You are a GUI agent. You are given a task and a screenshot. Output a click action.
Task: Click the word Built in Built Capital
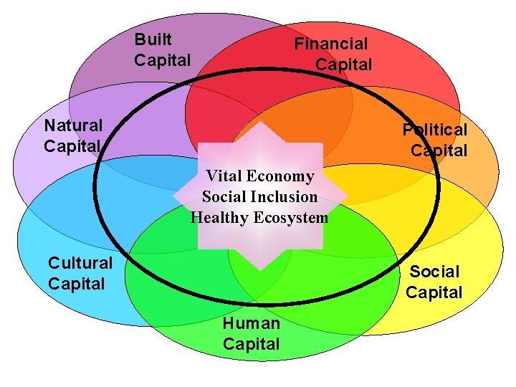[x=153, y=39]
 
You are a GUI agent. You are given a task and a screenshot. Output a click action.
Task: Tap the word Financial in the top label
[x=330, y=44]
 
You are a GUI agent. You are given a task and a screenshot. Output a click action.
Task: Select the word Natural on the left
[x=73, y=125]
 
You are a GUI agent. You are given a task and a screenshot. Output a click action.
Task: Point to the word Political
[x=434, y=130]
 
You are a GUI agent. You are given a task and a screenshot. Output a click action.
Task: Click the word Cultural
[x=80, y=263]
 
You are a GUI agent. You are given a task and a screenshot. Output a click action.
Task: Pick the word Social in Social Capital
[x=434, y=272]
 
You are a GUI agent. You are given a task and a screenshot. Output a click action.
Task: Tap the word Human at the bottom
[x=251, y=323]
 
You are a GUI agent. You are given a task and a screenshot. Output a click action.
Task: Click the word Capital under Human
[x=251, y=344]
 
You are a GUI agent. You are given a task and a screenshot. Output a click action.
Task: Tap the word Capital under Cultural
[x=76, y=284]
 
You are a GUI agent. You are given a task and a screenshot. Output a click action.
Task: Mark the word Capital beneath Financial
[x=343, y=64]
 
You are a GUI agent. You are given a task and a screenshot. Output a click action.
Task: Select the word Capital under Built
[x=163, y=60]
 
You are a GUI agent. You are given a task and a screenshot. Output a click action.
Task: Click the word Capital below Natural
[x=72, y=146]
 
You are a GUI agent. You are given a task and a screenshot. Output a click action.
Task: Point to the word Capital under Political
[x=439, y=150]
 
